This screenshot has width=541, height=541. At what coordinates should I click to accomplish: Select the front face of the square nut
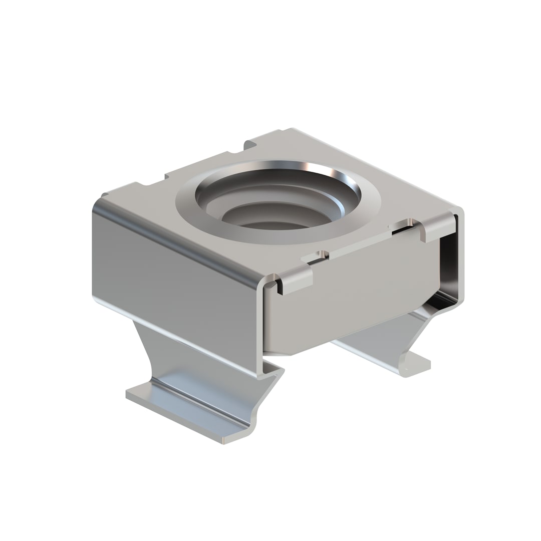point(351,296)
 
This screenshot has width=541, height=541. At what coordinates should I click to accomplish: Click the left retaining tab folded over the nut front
point(296,281)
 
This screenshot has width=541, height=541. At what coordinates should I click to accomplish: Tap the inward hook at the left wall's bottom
point(273,371)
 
